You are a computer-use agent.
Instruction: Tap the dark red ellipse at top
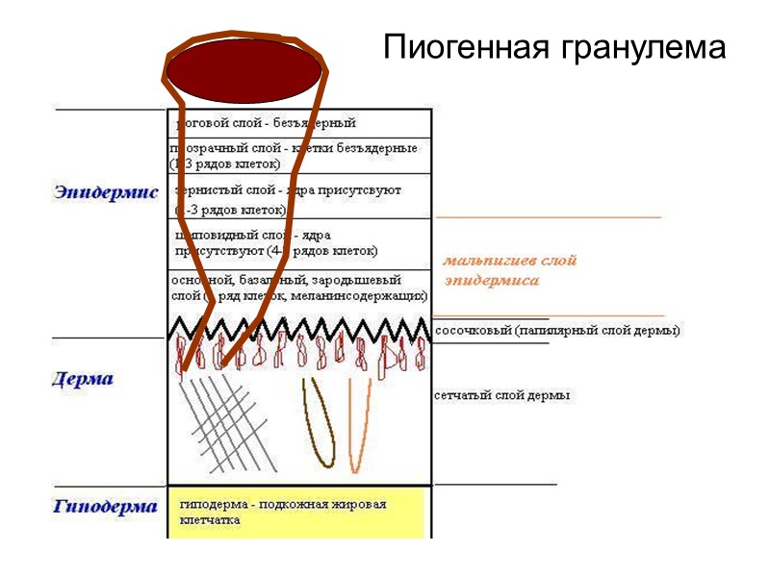coord(244,70)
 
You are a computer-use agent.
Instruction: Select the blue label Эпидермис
coord(106,192)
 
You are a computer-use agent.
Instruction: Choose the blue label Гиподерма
coord(105,506)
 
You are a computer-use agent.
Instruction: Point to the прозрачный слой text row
coord(294,156)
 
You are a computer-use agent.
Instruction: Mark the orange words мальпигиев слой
coord(509,261)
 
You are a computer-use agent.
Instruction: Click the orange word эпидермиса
coord(491,281)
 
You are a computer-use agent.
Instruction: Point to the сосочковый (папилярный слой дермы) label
coord(558,331)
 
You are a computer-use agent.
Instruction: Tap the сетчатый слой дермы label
coord(501,395)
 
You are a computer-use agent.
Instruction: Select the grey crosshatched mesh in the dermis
coord(231,423)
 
